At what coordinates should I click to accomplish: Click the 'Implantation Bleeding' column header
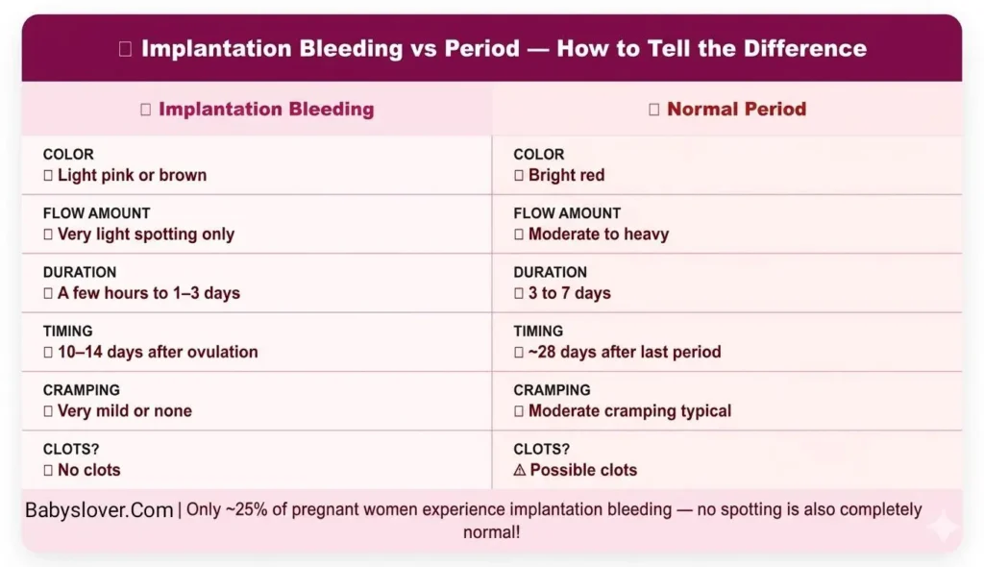[x=266, y=110]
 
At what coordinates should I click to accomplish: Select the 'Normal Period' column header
[x=736, y=110]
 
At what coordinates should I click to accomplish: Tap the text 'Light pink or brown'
[x=132, y=175]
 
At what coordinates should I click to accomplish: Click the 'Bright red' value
[x=566, y=175]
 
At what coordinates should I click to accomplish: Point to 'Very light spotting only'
[x=146, y=234]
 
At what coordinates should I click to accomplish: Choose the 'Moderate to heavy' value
[x=598, y=234]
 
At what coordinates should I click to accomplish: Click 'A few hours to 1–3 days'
[x=149, y=293]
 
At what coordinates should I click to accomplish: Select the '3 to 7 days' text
[x=569, y=293]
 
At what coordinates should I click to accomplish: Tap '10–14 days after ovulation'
[x=158, y=352]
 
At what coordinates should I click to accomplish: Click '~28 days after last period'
[x=625, y=352]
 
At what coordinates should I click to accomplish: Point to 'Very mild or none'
[x=125, y=411]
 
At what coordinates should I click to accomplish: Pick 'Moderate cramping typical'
[x=629, y=411]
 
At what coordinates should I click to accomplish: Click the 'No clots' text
[x=89, y=470]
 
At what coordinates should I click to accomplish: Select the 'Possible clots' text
[x=583, y=470]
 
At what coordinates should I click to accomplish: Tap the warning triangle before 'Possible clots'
[x=520, y=470]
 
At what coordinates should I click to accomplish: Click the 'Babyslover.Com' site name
[x=99, y=510]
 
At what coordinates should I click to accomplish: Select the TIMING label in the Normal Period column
[x=538, y=331]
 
